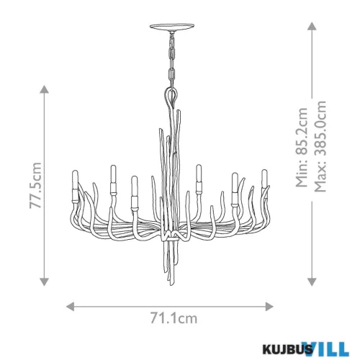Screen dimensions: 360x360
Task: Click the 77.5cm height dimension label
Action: point(35,186)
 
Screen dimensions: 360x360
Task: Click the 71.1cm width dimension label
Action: point(174,318)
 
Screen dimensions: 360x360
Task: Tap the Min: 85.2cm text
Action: point(302,147)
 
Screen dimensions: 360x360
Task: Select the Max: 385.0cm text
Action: point(320,146)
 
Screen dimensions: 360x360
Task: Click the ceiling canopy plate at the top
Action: point(172,26)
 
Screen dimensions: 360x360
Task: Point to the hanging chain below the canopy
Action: point(172,59)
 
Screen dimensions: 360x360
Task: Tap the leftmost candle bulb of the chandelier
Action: point(76,179)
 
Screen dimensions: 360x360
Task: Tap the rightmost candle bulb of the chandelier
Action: point(264,178)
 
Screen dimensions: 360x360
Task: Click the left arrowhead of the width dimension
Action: point(70,307)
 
